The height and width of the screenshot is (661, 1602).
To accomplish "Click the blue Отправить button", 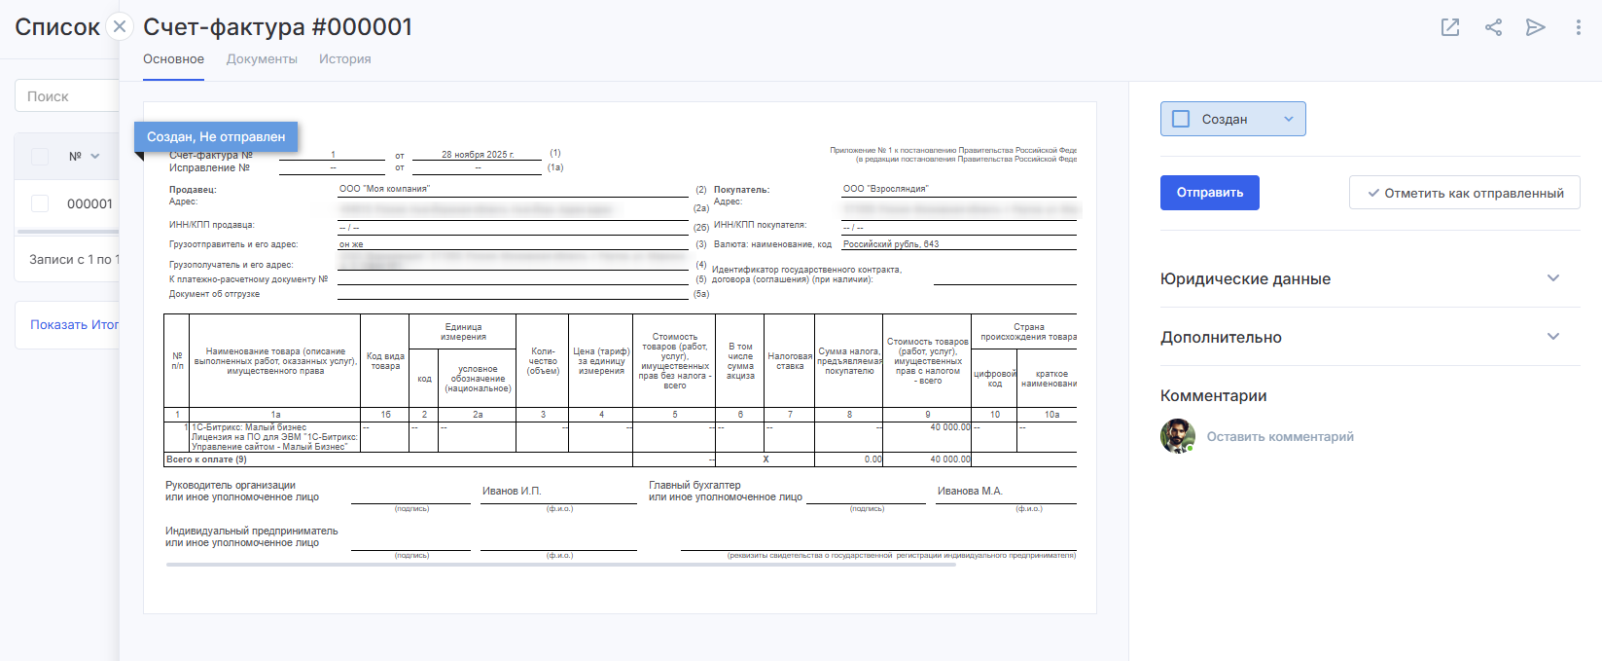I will pos(1209,193).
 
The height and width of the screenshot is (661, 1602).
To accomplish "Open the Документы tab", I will pos(262,59).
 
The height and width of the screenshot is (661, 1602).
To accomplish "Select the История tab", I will pos(344,59).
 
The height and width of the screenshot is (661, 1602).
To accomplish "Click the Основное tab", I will pos(173,59).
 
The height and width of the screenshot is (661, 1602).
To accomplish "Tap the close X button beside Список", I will pos(119,26).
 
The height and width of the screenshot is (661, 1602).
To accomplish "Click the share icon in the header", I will pos(1493,27).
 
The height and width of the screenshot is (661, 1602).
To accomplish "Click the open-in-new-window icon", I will pos(1449,27).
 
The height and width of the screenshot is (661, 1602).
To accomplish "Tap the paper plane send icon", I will pos(1535,27).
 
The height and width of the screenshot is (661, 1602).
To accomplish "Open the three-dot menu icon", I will pos(1578,27).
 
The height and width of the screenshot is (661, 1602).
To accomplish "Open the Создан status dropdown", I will pos(1232,119).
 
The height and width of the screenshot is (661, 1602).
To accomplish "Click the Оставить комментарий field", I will pos(1280,437).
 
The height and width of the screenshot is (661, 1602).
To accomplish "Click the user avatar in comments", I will pos(1177,436).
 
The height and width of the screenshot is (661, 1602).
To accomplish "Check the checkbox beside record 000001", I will pos(40,203).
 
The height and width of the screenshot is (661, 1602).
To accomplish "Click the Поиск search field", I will pos(66,96).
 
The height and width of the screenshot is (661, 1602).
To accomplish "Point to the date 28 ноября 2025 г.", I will pos(477,155).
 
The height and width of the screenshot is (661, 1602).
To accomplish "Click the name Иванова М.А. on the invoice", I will pos(969,491).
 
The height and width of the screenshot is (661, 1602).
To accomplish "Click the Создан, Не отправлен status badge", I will pos(216,137).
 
